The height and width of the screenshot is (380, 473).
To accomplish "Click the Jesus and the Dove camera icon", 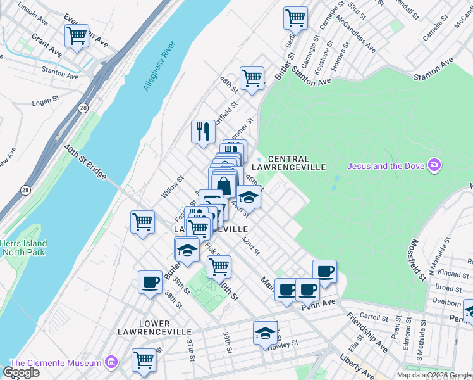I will [x=434, y=166].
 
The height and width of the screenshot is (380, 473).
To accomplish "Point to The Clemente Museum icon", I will [x=111, y=362].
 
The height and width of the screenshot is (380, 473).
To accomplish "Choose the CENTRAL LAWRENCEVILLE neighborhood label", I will [x=297, y=163].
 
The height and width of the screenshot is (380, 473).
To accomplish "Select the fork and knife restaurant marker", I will [x=203, y=131].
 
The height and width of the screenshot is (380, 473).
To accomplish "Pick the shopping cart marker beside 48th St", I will [x=252, y=78].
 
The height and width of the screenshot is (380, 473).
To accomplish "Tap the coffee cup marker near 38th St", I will [x=150, y=282].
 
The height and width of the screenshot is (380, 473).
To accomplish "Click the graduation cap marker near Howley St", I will [x=265, y=332].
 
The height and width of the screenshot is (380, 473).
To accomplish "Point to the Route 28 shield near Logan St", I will [x=83, y=108].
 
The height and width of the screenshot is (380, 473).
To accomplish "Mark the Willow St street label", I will [x=171, y=187].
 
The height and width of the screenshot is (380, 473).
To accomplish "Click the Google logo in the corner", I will [x=21, y=372].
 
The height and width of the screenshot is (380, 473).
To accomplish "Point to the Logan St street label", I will [x=45, y=101].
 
